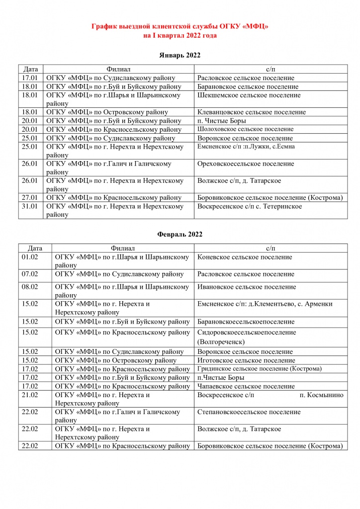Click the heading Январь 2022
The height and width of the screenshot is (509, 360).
[x=180, y=55]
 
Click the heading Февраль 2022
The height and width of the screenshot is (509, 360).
[x=180, y=234]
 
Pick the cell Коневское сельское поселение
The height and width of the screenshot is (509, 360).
[x=245, y=257]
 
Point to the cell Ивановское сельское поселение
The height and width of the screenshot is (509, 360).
[x=247, y=287]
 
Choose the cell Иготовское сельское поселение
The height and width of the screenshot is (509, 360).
[x=246, y=360]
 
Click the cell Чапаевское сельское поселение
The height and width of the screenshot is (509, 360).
[x=246, y=386]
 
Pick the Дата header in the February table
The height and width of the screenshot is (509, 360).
[x=35, y=248]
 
